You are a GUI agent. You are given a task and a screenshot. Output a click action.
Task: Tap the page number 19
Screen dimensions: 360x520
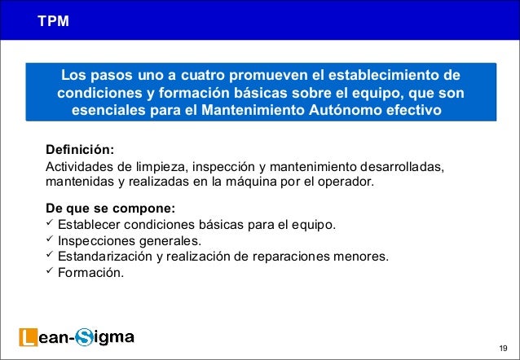pos(502,347)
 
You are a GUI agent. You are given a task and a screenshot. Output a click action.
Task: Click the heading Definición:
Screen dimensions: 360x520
pos(80,151)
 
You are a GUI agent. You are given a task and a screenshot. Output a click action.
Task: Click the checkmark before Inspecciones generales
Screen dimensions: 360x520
pos(51,240)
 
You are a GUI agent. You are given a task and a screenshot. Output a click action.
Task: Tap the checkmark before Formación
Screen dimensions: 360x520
pos(51,272)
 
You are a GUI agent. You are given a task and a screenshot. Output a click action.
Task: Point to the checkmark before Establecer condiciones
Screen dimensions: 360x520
pos(51,223)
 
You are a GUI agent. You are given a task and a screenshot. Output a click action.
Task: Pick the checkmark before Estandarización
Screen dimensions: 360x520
pos(51,257)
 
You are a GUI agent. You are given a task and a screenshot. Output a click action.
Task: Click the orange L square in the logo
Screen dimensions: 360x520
pos(28,336)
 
